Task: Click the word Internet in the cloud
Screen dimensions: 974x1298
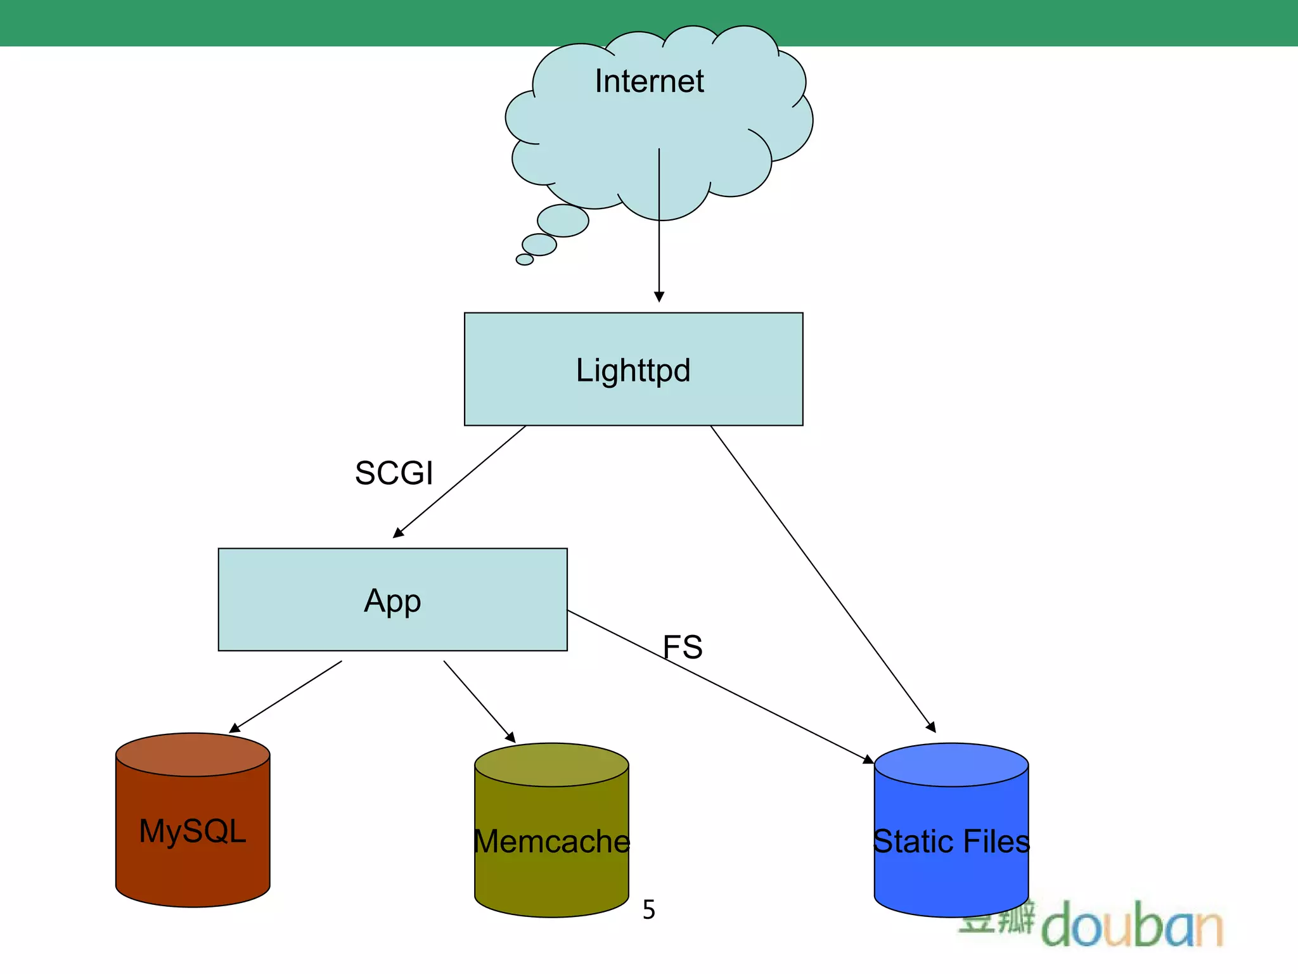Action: click(649, 81)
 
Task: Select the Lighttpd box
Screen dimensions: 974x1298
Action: click(633, 369)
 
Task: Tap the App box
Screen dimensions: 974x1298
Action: click(392, 600)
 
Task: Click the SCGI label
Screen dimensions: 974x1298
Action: click(394, 473)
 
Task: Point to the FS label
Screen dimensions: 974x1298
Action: click(683, 647)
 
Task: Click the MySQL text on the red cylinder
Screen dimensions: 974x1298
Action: click(193, 831)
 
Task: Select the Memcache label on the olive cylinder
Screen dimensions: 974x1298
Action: click(551, 842)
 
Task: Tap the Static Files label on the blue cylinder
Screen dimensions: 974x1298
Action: click(951, 842)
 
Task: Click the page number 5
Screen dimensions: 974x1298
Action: click(648, 909)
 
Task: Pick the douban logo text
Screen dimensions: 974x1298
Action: click(1131, 926)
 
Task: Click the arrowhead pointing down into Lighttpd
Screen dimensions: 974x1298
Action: click(659, 297)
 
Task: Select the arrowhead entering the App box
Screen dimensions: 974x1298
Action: click(399, 533)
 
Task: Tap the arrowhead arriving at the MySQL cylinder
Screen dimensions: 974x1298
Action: click(235, 728)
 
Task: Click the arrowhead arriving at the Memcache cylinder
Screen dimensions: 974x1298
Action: click(511, 738)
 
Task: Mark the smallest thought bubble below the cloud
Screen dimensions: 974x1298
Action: click(525, 259)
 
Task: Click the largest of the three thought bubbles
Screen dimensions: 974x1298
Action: click(563, 221)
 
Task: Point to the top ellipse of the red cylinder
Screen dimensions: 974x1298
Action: click(193, 755)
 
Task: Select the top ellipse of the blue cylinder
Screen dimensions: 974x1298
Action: click(951, 765)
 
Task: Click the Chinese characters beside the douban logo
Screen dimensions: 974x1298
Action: click(997, 919)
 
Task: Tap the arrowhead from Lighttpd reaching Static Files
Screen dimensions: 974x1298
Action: click(931, 727)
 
